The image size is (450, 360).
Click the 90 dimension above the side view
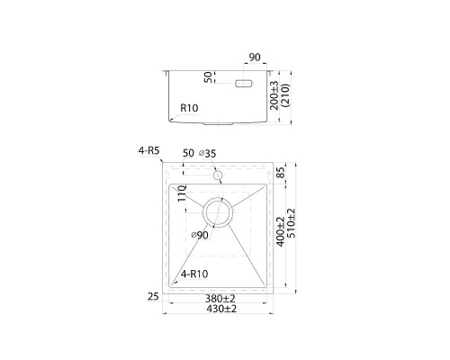[x=255, y=58]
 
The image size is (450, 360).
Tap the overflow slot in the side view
[x=244, y=84]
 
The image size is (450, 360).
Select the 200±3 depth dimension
[x=274, y=95]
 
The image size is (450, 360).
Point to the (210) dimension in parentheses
[x=284, y=95]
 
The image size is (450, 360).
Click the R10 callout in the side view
[x=189, y=108]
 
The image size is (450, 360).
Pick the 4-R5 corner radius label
[x=148, y=150]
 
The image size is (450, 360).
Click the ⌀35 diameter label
[x=208, y=153]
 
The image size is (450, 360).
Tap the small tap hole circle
[x=218, y=175]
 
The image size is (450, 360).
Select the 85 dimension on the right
[x=281, y=173]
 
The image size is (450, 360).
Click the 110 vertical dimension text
[x=182, y=193]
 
